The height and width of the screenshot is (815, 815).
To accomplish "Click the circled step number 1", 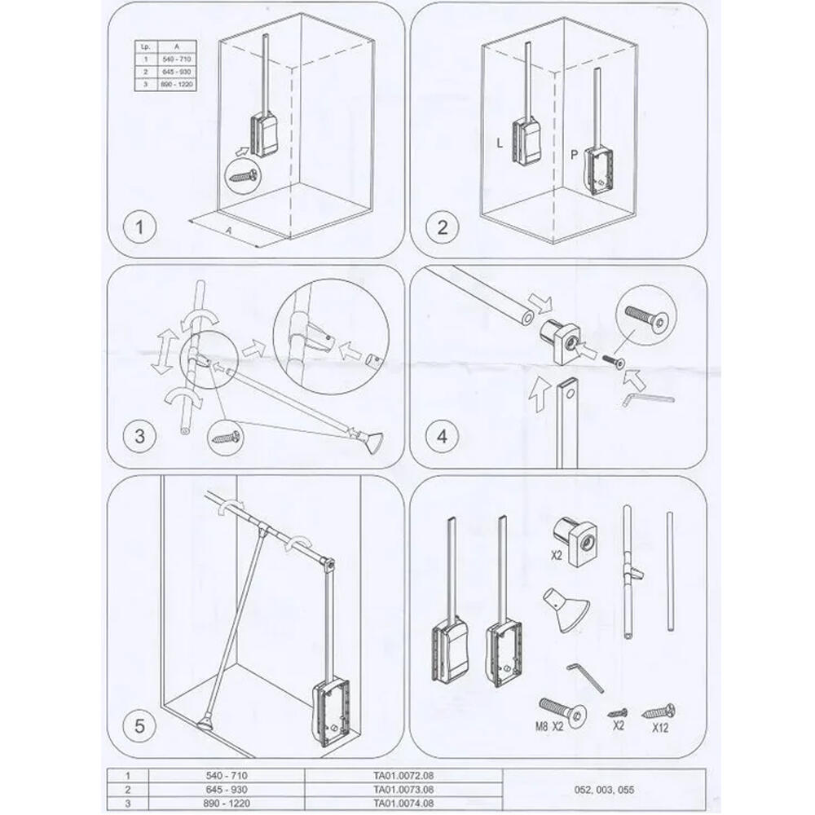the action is tap(140, 227).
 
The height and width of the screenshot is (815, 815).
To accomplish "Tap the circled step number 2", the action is tap(443, 227).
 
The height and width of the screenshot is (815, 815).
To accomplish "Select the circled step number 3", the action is tap(140, 435).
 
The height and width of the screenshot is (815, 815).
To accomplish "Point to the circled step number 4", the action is tap(443, 435).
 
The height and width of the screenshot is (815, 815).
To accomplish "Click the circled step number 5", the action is tap(140, 725).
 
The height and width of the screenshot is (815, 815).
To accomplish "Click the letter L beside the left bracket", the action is tap(500, 143).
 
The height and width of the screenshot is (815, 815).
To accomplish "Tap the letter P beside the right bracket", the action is tap(574, 154).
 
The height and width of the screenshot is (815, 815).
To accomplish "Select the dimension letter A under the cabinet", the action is tap(228, 231).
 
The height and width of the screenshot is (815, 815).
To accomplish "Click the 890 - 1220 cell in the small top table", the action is tap(177, 84).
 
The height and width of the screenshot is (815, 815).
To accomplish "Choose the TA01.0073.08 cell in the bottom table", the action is tap(403, 789).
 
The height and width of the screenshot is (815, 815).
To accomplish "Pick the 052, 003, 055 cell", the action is tap(604, 789).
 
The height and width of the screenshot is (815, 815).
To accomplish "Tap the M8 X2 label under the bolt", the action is tap(548, 727).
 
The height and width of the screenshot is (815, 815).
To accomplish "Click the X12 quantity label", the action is tap(660, 727).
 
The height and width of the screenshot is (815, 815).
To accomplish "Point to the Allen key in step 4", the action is tap(648, 399).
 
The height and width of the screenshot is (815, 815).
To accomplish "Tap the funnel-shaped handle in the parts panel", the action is tap(566, 608).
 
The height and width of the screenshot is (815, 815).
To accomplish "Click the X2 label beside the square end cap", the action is tap(557, 555).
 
